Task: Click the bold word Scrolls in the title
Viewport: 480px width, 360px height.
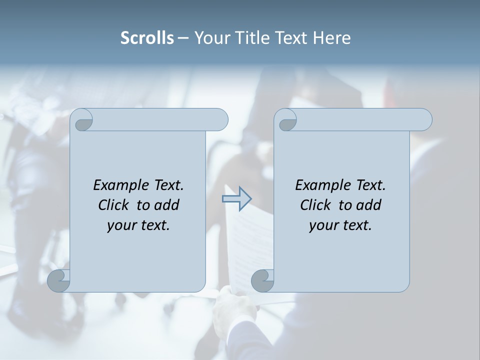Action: tap(147, 38)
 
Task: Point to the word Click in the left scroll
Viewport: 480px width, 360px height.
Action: tap(112, 205)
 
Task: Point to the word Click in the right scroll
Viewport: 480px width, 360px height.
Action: tap(314, 205)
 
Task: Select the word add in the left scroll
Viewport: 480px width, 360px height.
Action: tap(167, 205)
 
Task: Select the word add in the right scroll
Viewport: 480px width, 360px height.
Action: tap(369, 205)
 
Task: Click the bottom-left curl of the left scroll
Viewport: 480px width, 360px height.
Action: tap(59, 280)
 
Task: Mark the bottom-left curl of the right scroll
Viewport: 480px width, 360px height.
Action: tap(262, 280)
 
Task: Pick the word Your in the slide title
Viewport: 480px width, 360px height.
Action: tap(211, 38)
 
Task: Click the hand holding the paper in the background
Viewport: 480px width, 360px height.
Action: tap(234, 310)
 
